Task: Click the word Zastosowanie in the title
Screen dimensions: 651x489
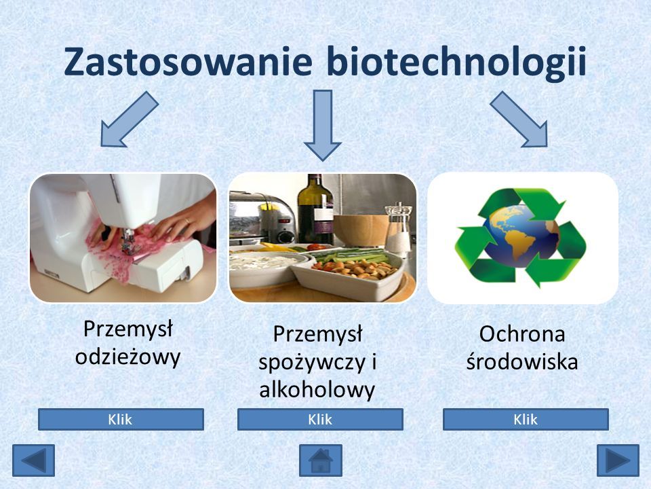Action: pos(188,61)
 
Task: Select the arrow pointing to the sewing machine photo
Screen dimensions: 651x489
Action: pos(129,120)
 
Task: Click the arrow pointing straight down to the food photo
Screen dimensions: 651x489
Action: pos(323,126)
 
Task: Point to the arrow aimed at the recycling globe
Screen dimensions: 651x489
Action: pos(519,120)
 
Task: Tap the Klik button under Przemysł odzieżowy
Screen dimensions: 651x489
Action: pos(121,419)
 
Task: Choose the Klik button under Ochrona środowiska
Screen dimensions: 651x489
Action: pos(526,419)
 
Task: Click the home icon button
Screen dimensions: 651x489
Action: pos(321,460)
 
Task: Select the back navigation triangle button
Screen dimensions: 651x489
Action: pos(34,460)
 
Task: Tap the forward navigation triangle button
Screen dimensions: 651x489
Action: pos(618,460)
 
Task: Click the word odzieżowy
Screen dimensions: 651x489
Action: pos(128,357)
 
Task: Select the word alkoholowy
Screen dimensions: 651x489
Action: pos(317,390)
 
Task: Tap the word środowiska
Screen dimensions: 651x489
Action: pos(522,361)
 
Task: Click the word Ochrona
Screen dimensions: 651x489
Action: pos(522,333)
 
